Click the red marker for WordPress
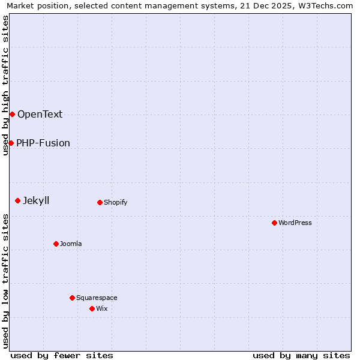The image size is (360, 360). (274, 223)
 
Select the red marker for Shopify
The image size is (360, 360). (100, 202)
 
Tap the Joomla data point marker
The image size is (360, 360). (56, 244)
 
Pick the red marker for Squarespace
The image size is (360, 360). (72, 298)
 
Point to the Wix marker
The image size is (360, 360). (92, 308)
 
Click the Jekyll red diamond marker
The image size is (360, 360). (17, 200)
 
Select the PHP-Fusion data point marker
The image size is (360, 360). (11, 143)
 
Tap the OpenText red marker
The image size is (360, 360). (12, 114)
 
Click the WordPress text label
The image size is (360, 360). (295, 223)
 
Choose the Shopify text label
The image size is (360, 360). (116, 202)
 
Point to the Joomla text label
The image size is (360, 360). (71, 244)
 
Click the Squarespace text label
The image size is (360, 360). (97, 298)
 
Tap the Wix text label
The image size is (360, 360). (102, 308)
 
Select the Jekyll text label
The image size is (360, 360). (36, 200)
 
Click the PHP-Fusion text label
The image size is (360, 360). (43, 143)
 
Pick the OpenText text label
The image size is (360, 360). (40, 114)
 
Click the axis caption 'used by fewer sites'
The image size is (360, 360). (62, 355)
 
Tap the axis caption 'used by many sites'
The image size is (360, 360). (301, 355)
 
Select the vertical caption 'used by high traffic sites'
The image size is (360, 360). (5, 85)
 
